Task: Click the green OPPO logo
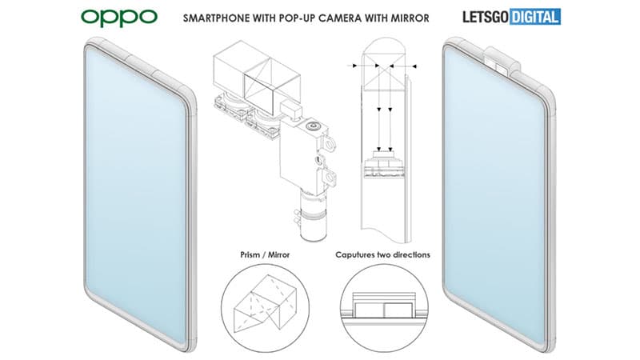coord(119,18)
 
